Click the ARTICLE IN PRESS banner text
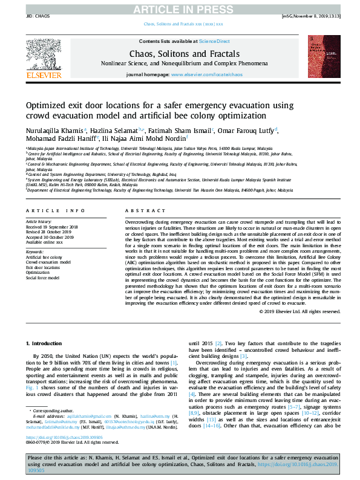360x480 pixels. point(180,8)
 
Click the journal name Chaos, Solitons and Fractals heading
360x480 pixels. point(180,53)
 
